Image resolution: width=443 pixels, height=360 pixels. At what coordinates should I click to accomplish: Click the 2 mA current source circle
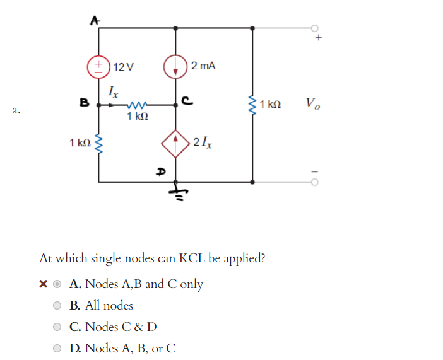(175, 66)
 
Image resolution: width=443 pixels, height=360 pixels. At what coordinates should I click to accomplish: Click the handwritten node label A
(94, 20)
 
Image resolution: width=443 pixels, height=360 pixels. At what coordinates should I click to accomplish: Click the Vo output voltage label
(312, 103)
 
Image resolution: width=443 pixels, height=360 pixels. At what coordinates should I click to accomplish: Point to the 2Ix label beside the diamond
(203, 142)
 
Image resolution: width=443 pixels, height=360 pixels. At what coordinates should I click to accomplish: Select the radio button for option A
(57, 284)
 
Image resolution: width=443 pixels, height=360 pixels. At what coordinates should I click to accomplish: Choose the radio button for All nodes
(57, 306)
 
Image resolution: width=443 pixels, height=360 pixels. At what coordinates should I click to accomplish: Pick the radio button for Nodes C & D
(57, 327)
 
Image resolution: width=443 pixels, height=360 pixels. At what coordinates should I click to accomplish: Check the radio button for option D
(57, 348)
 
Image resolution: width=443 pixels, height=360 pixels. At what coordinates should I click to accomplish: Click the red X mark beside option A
(43, 284)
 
